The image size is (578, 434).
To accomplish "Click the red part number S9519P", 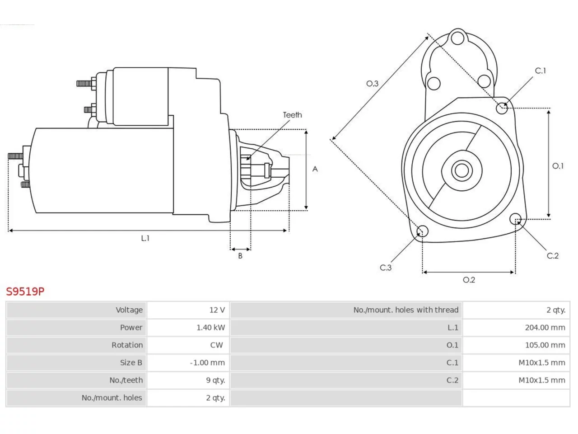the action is (25, 292).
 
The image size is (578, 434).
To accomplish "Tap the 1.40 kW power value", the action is (211, 328).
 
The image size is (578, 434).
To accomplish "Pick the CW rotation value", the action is (216, 345).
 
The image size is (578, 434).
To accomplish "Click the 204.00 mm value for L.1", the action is (545, 328).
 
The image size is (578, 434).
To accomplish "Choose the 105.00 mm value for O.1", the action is (545, 345).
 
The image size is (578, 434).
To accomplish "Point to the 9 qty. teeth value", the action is (215, 380).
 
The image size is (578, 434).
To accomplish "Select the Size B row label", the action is (131, 363).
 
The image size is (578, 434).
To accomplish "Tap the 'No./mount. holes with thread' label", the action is (406, 310).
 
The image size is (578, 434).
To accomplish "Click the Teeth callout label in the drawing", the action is (292, 115).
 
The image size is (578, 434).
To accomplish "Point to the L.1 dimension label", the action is (145, 238).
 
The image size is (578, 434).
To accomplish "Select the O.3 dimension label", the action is (372, 84).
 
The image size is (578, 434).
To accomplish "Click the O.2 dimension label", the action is (469, 280).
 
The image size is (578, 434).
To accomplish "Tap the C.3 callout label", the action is (386, 268).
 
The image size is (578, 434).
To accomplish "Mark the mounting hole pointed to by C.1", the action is (502, 108).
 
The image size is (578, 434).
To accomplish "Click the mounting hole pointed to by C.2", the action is (515, 219).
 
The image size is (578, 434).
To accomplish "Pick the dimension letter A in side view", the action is (315, 169).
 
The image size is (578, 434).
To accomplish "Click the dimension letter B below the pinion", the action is (240, 255).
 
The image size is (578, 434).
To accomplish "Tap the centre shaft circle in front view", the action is (461, 170).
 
